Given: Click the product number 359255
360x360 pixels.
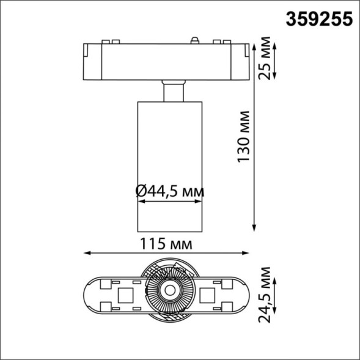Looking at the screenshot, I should click(x=320, y=20).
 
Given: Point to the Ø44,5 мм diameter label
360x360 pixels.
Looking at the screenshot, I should click(x=169, y=191).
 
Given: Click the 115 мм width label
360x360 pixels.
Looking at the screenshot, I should click(x=167, y=244).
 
